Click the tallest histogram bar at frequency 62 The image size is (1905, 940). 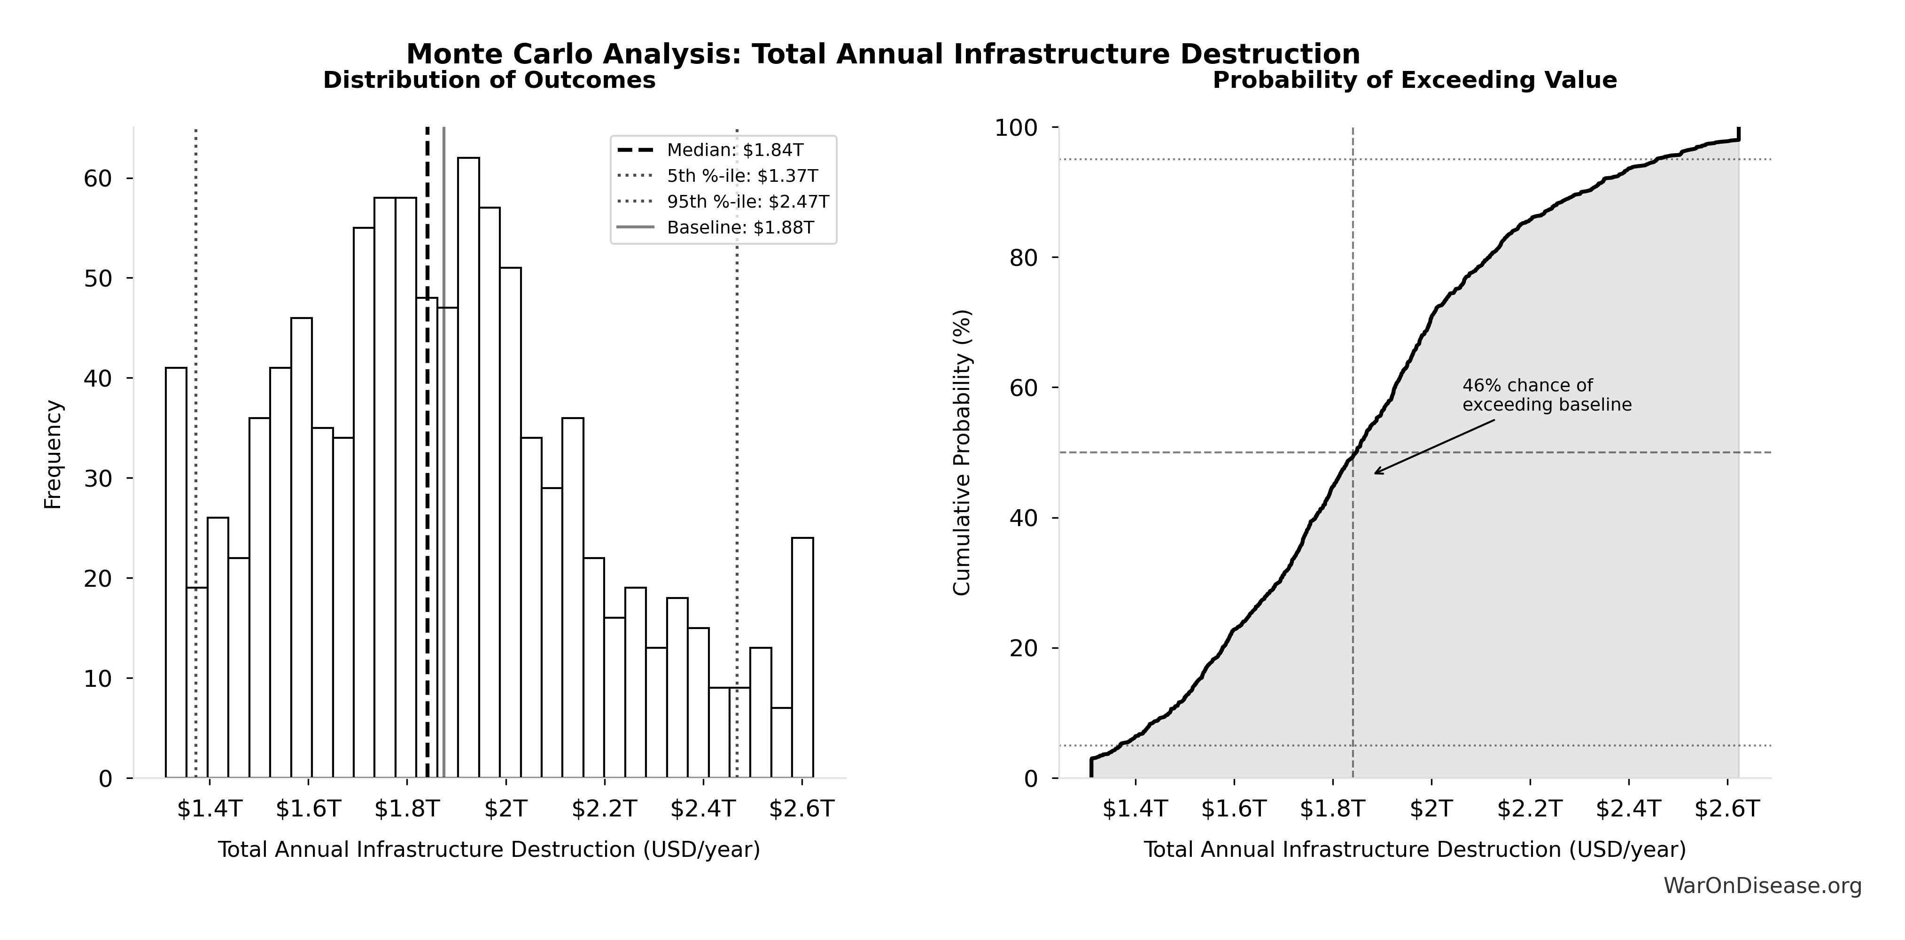click(468, 466)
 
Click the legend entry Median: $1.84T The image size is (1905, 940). click(734, 150)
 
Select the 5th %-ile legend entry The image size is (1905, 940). click(742, 176)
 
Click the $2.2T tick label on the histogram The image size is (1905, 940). click(604, 809)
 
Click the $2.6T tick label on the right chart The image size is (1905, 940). click(1727, 809)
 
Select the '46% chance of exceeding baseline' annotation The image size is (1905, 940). click(1547, 396)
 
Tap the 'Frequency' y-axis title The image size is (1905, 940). click(53, 454)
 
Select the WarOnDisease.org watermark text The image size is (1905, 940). click(1762, 886)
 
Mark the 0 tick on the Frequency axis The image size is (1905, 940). click(105, 779)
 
